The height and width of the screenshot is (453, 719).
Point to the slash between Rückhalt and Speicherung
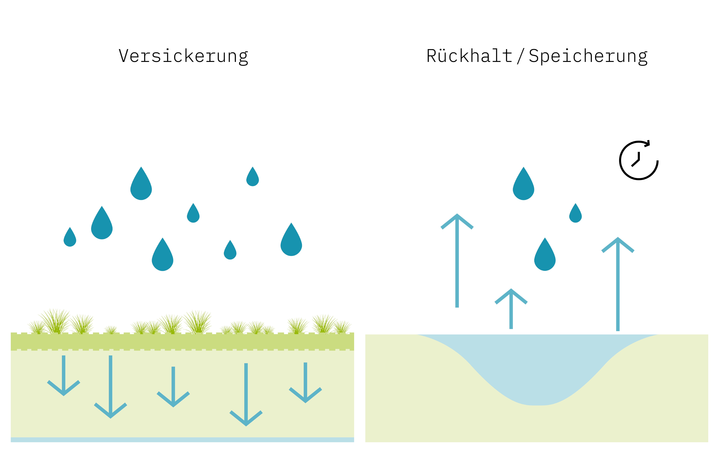click(x=520, y=56)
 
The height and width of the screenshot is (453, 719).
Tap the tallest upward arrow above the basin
click(x=457, y=260)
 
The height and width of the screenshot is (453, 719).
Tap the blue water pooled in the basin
click(x=537, y=367)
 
